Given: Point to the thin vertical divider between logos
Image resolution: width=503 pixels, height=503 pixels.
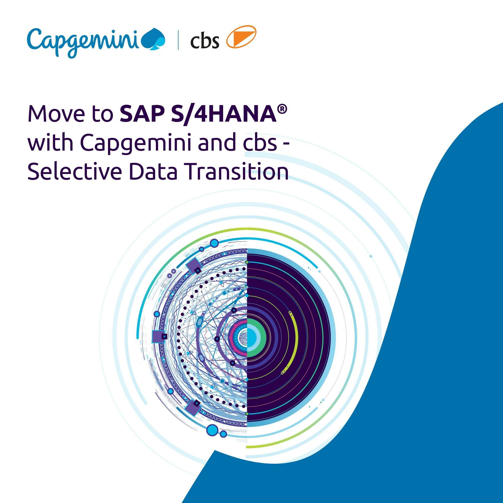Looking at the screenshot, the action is click(178, 40).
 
